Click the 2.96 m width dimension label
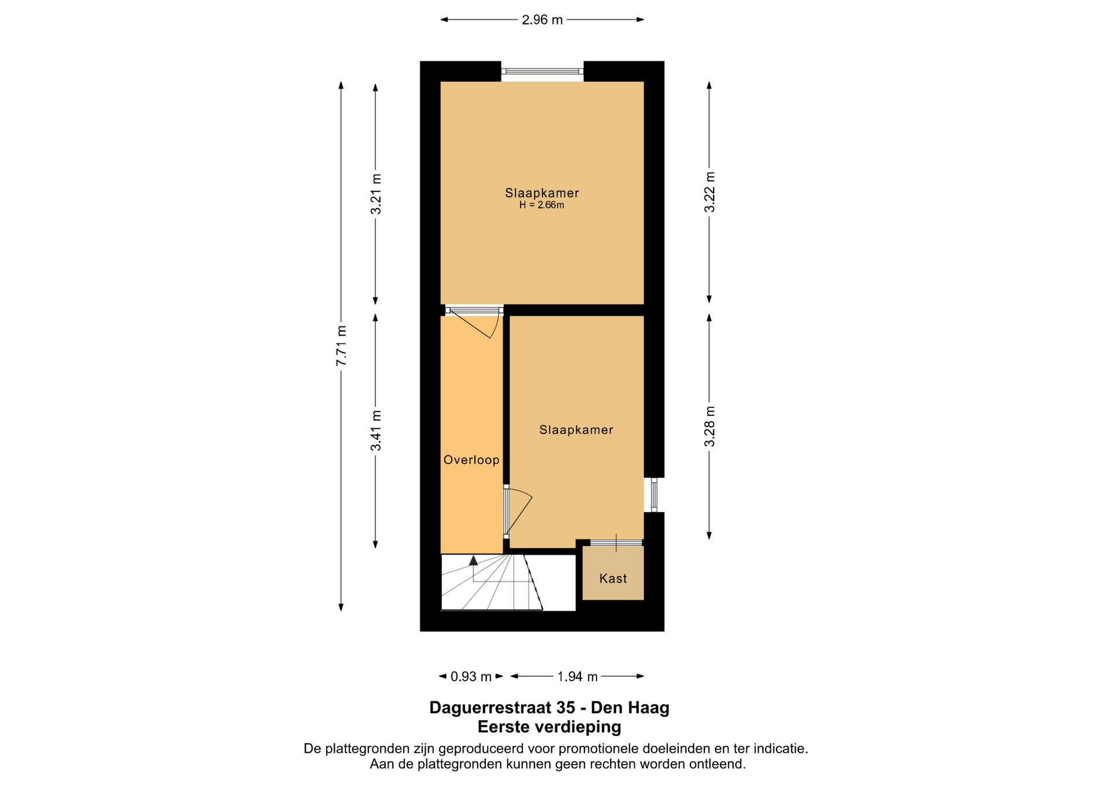(x=542, y=20)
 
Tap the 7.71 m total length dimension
(x=342, y=345)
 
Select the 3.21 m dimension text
(x=376, y=194)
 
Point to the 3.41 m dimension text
(x=376, y=430)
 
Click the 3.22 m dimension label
(x=709, y=192)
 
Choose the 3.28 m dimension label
(x=709, y=427)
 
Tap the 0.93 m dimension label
(x=471, y=676)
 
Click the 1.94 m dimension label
(x=577, y=676)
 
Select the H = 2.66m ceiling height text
(x=542, y=205)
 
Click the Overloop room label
(x=471, y=460)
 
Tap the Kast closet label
(x=613, y=578)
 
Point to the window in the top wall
(x=542, y=72)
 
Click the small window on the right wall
(x=654, y=495)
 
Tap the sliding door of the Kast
(x=616, y=542)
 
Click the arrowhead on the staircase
(x=473, y=560)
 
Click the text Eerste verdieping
(x=549, y=726)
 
